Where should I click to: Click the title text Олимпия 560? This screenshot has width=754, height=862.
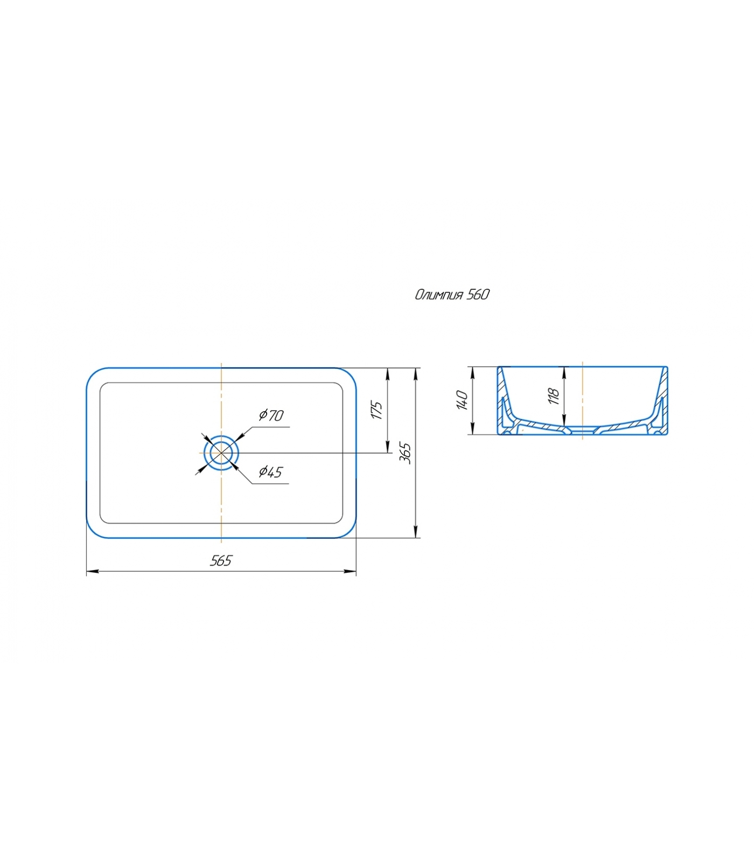452,294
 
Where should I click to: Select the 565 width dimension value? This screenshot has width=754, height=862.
221,561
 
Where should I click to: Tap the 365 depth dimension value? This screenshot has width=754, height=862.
406,453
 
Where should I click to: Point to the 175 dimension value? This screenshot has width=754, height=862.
376,410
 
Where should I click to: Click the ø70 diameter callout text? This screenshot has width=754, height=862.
271,415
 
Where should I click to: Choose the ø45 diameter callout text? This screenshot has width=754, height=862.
270,472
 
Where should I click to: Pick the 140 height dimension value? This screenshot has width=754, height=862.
462,400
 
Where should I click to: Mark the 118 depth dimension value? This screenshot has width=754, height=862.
554,396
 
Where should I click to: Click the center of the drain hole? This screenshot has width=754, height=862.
221,453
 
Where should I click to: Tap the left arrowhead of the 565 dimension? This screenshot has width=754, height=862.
92,572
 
